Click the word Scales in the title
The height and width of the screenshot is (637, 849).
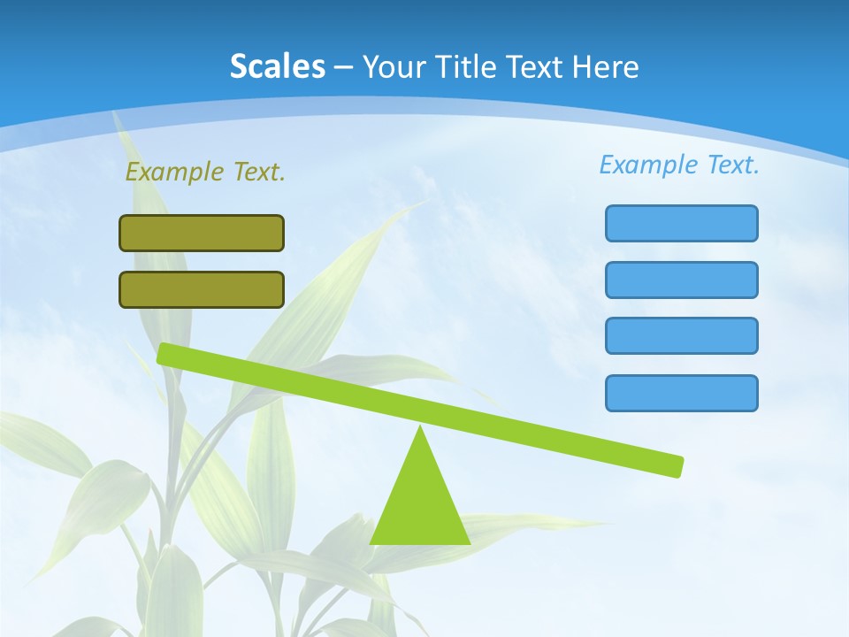(x=278, y=66)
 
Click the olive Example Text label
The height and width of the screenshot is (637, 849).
(x=205, y=172)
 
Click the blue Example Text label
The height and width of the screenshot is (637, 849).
(x=679, y=165)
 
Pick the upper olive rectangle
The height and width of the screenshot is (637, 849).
(x=202, y=233)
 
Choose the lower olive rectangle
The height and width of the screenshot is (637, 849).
(x=202, y=289)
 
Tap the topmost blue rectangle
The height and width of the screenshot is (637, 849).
(x=681, y=223)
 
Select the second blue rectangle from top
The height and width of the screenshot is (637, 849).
(x=681, y=280)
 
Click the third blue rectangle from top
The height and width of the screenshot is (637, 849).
(x=681, y=335)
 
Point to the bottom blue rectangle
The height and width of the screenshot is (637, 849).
(x=681, y=393)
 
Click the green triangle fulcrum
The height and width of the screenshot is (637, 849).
(x=419, y=504)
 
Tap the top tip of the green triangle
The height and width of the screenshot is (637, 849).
(x=420, y=428)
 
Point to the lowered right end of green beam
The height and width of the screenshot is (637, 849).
(x=677, y=466)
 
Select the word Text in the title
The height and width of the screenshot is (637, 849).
(x=537, y=66)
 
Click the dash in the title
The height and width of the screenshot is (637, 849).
(x=344, y=67)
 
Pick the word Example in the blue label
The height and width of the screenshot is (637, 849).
(x=648, y=165)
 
